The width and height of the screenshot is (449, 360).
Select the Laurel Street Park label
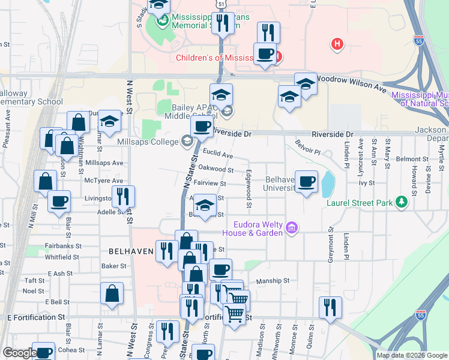click(x=360, y=203)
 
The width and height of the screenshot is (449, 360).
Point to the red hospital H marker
click(x=338, y=44)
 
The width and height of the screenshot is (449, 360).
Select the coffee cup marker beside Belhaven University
click(x=306, y=182)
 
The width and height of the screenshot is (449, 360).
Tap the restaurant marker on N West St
click(x=123, y=197)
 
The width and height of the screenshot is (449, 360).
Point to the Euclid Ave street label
click(x=217, y=155)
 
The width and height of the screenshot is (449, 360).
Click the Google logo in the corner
click(x=19, y=353)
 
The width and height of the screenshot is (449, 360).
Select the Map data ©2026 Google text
click(x=411, y=355)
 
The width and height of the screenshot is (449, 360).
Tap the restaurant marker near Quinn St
click(x=330, y=307)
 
